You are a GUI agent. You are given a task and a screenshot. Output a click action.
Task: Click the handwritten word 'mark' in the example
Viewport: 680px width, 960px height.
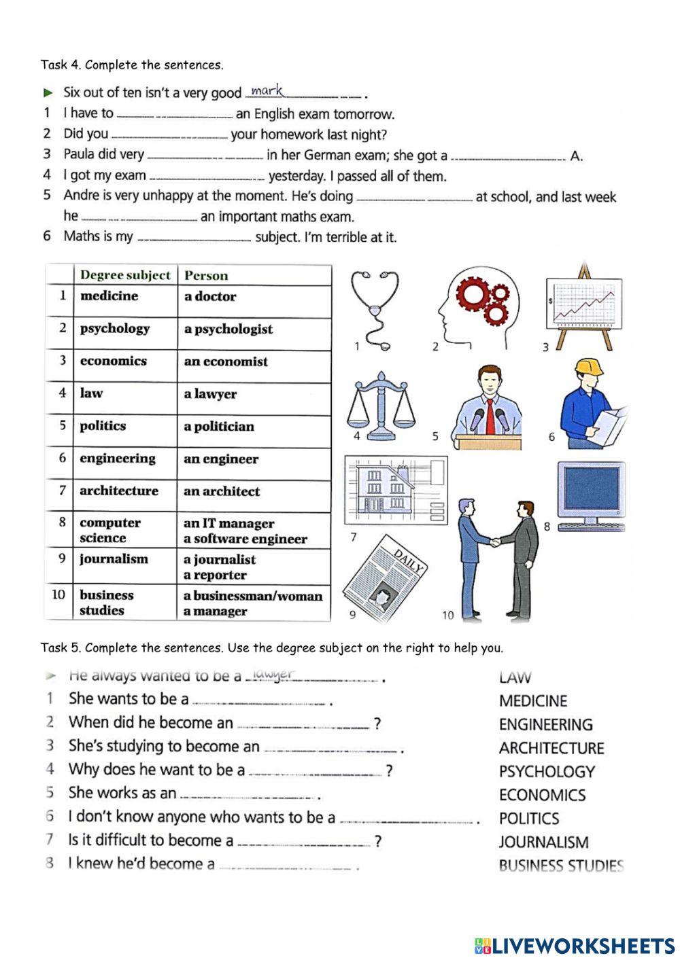267,91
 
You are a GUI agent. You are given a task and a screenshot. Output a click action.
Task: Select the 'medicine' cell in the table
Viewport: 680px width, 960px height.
109,296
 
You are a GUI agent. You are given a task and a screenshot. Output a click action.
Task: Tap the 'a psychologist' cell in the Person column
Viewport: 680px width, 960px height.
228,329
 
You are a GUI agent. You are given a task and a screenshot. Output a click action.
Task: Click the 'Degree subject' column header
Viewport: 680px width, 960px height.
125,275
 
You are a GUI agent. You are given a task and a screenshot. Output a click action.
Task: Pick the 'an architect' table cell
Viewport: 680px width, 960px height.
222,491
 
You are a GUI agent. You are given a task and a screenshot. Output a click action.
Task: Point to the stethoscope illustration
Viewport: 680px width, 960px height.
375,309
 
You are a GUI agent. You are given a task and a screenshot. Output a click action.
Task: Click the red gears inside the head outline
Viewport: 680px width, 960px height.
483,300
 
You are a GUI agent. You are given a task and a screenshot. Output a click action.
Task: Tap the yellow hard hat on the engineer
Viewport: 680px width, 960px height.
589,368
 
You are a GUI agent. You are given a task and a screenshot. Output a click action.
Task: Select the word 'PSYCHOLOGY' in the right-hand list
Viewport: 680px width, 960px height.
547,772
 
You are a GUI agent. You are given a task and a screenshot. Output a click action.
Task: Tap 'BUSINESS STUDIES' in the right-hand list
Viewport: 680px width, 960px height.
561,866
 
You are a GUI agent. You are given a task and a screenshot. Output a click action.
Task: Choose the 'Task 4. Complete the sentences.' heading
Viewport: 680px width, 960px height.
132,65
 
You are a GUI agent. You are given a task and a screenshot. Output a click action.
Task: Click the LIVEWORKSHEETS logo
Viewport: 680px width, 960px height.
575,945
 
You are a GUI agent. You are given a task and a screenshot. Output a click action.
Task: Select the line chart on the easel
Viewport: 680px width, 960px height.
584,306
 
